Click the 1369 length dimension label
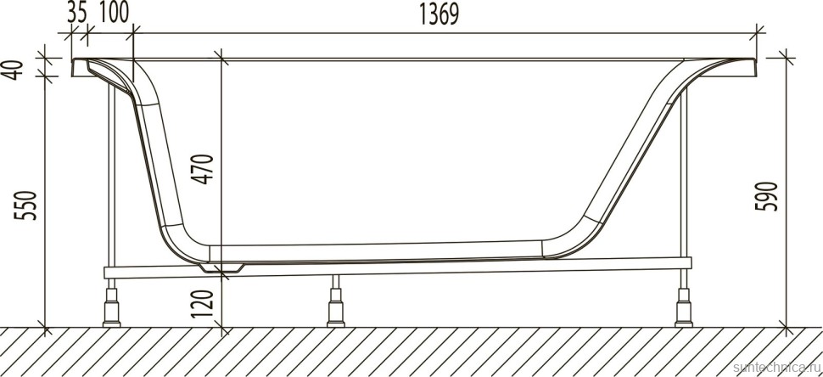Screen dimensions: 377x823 [444, 16]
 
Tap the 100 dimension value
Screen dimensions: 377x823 [113, 14]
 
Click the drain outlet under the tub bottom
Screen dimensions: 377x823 [223, 267]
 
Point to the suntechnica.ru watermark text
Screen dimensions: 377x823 [774, 366]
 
